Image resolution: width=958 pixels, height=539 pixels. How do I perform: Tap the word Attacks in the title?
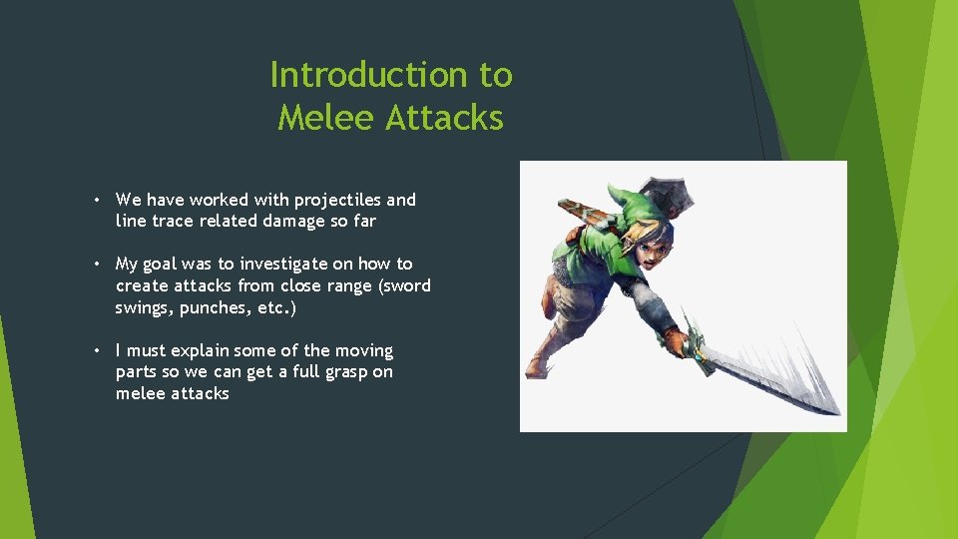tap(444, 118)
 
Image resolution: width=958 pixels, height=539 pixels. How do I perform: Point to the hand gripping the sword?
tap(679, 343)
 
